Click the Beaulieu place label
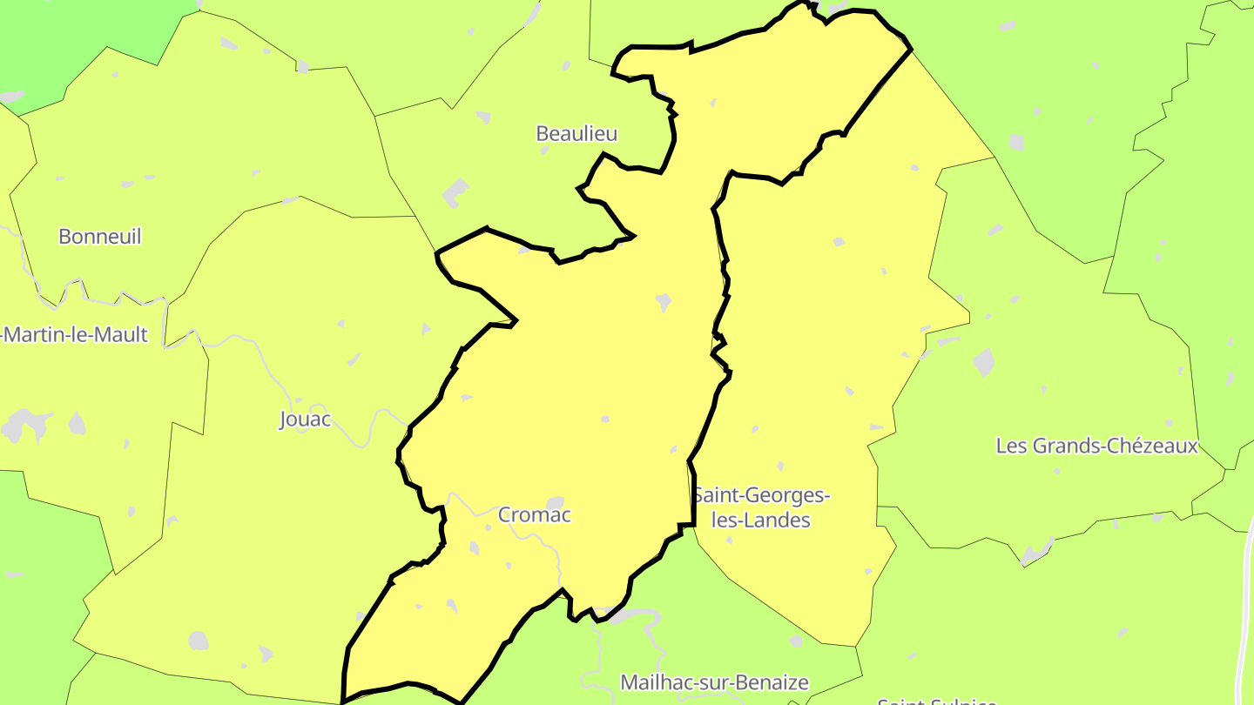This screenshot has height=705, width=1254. click(576, 133)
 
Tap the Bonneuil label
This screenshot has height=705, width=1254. click(99, 236)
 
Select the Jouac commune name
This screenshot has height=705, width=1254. click(305, 420)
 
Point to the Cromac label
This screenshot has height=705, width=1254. click(534, 514)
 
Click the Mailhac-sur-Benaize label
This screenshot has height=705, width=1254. click(714, 682)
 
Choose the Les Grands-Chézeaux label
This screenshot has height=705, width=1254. click(1096, 446)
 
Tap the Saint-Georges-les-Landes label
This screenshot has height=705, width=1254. click(762, 507)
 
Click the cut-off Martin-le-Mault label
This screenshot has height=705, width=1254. click(75, 334)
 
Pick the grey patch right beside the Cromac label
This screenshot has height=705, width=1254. click(556, 502)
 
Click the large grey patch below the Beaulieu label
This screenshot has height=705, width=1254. click(455, 192)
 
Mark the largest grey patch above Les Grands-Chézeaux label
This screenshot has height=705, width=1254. click(983, 361)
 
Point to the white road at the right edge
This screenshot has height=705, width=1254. click(1244, 609)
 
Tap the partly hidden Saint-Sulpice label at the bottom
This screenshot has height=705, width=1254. click(936, 700)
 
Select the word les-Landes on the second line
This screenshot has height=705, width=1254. click(761, 520)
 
